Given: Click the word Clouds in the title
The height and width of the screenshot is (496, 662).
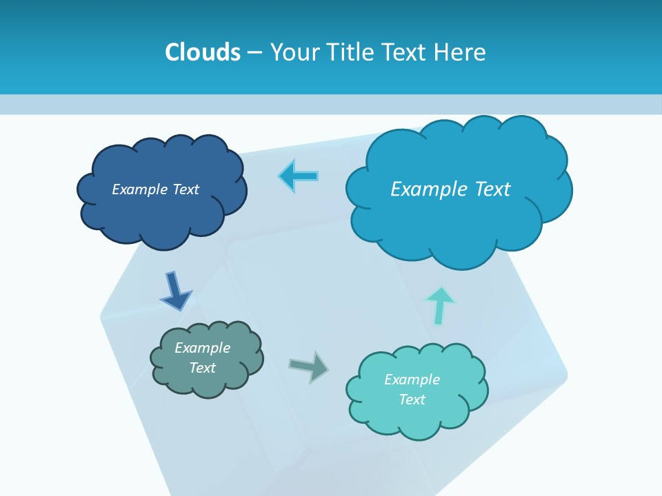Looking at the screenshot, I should click(x=203, y=52).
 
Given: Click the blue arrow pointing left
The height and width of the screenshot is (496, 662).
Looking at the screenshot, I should click(x=299, y=176).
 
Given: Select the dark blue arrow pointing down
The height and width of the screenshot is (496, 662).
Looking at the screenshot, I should click(x=174, y=291).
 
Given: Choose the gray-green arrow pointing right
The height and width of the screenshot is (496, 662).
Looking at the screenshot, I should click(x=309, y=366).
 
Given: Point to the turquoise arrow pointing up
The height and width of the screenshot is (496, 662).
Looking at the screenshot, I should click(x=440, y=304).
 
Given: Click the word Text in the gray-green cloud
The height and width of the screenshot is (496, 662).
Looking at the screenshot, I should click(x=203, y=368).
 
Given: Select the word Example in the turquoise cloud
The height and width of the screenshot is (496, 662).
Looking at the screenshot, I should click(x=412, y=380).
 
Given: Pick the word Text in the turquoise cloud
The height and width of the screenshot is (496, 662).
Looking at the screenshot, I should click(x=412, y=400).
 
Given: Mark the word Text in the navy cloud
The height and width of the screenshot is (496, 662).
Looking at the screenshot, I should click(x=185, y=189).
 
